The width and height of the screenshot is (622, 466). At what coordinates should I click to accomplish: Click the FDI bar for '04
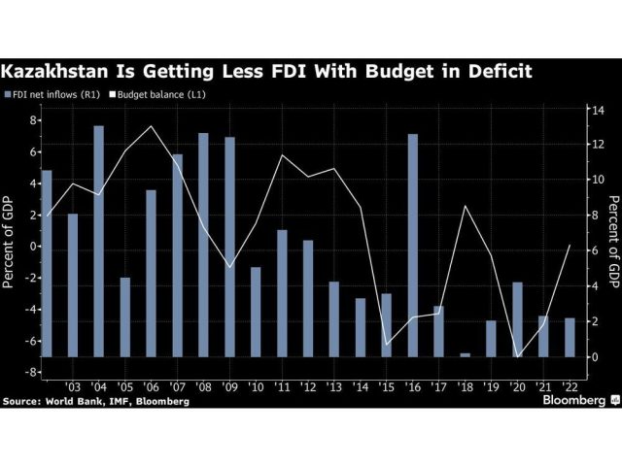click(x=99, y=241)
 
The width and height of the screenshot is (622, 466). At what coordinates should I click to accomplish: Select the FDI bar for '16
click(x=413, y=245)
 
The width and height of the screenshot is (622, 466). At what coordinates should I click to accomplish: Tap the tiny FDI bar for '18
click(x=465, y=354)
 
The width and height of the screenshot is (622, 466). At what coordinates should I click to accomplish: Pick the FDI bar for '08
click(x=203, y=245)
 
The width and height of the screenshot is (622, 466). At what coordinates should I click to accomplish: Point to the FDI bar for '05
click(x=125, y=316)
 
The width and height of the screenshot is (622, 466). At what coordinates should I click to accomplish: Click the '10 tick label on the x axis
click(x=257, y=386)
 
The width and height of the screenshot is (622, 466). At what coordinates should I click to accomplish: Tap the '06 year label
click(x=152, y=386)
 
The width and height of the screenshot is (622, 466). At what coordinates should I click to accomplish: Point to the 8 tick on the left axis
click(x=33, y=120)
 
